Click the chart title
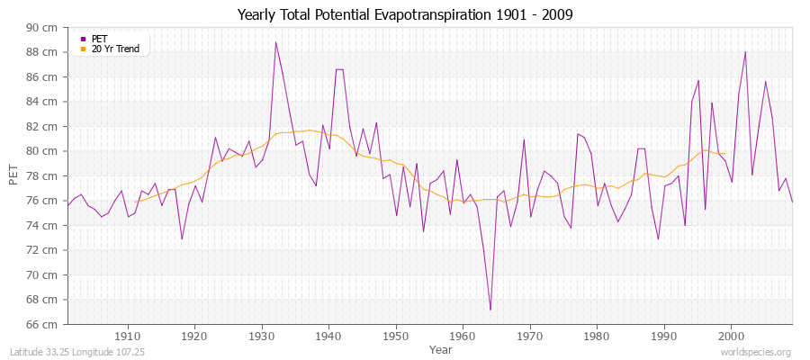(x=404, y=14)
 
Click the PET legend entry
(x=99, y=39)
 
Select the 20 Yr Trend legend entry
(x=115, y=49)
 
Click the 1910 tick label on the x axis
(x=128, y=337)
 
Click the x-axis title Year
(x=440, y=348)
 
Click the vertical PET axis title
(x=13, y=175)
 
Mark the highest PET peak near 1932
(x=275, y=42)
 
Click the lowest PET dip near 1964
(x=490, y=310)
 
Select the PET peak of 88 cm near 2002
(x=745, y=52)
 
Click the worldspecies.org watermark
(x=757, y=352)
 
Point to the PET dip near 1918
(x=182, y=238)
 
